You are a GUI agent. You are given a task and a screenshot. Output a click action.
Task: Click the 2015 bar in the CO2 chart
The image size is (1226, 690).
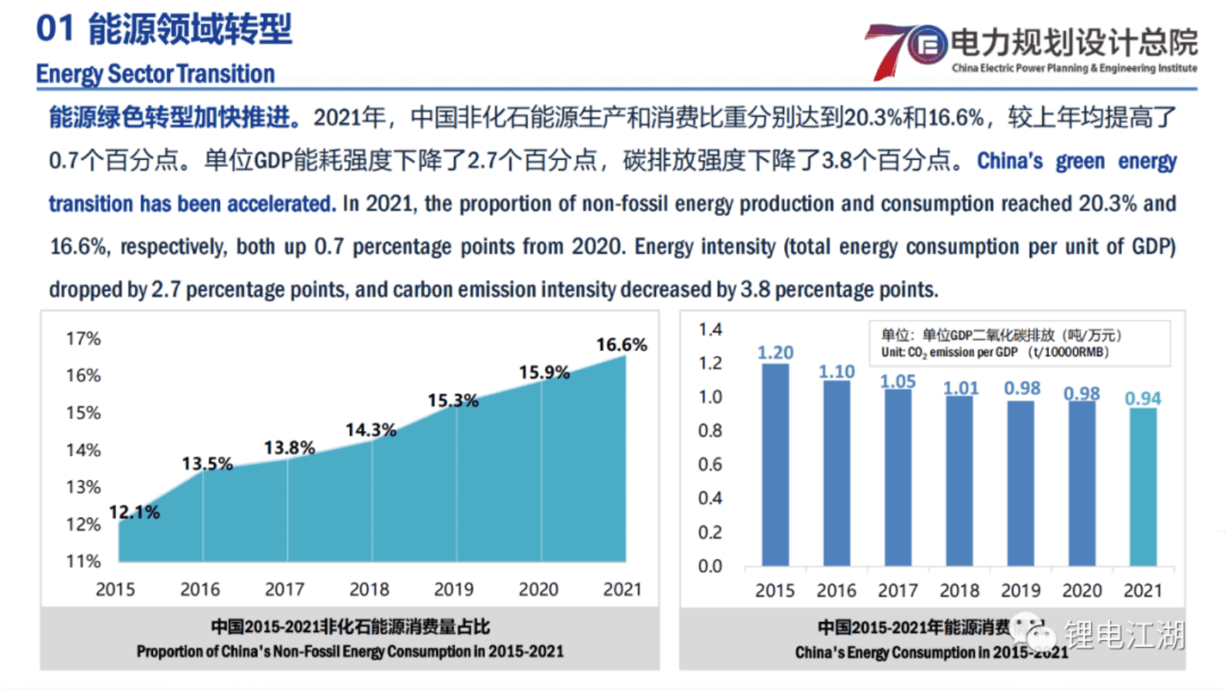pos(775,464)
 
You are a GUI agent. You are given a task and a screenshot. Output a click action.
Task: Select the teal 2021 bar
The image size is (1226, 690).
pos(1143,487)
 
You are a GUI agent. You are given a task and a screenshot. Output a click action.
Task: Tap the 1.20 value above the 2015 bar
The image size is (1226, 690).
pos(775,352)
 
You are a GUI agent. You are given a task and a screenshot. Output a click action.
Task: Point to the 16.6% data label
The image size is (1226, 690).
pos(621,345)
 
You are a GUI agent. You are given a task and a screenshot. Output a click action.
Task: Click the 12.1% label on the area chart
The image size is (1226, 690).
pos(134,512)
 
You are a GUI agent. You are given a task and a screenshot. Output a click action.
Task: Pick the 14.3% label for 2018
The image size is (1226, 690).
pos(370,430)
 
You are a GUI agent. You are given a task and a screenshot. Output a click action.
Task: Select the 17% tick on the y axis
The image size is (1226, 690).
pos(83,338)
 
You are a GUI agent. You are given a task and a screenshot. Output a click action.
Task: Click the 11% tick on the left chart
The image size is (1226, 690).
pos(83,561)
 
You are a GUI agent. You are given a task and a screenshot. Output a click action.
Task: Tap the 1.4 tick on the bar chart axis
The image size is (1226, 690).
pos(710,330)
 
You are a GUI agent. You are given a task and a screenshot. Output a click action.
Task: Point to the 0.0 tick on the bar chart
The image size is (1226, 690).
pos(710,566)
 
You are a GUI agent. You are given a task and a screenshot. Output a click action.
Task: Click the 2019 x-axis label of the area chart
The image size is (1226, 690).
pos(453,590)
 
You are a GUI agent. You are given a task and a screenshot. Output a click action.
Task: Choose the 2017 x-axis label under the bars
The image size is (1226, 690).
pos(898,591)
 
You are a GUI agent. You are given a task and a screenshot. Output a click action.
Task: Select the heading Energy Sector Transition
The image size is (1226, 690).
pos(155,74)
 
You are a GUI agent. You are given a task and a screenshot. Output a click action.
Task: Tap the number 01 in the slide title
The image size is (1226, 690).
pos(55,29)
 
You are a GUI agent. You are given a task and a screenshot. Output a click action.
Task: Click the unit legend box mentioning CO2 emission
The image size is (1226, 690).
pos(1019,343)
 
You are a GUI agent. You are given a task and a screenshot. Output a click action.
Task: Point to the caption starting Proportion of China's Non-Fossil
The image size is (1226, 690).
pos(350,651)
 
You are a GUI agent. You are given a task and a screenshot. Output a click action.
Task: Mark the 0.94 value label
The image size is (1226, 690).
pos(1143,398)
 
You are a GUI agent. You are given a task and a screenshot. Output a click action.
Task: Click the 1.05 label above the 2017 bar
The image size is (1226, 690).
pos(898,381)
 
